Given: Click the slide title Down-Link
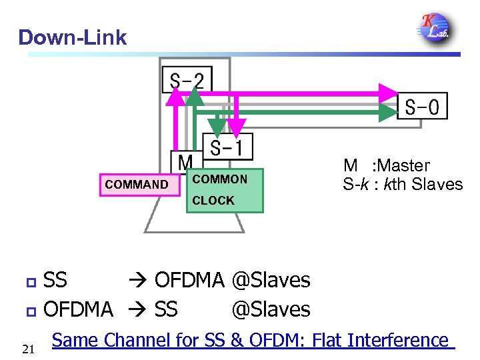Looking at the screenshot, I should click(x=72, y=37).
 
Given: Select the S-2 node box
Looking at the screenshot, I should click(x=187, y=81).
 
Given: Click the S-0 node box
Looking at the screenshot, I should click(x=422, y=107).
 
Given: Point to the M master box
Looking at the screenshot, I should click(x=185, y=162).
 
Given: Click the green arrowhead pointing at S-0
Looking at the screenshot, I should click(x=387, y=113).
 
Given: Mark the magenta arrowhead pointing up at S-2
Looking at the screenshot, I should click(x=175, y=98).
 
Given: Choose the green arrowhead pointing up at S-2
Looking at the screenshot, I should click(x=194, y=97).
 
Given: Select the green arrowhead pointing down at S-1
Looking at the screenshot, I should click(x=217, y=126).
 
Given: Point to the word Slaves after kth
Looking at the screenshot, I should click(x=437, y=184).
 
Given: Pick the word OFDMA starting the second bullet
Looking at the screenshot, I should click(x=78, y=309).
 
